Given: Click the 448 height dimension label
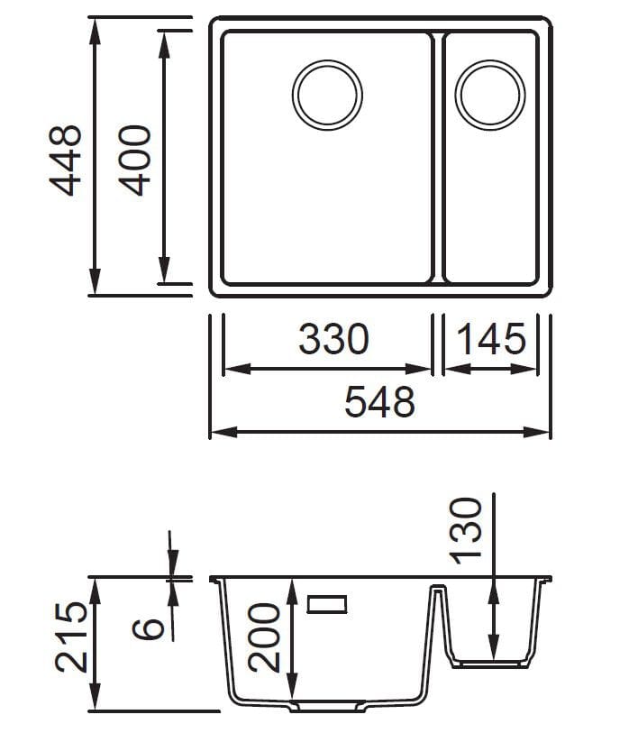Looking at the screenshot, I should click(66, 160).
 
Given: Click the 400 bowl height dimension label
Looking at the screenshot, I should click(134, 160).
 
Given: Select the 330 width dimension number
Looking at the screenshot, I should click(333, 340).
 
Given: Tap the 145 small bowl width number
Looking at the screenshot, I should click(491, 340).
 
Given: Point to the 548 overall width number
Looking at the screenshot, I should click(379, 402).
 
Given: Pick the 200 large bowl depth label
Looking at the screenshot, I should click(263, 637).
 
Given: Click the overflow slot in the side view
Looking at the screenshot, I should click(328, 604).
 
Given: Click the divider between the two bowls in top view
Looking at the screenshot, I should click(438, 158).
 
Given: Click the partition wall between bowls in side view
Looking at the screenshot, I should click(438, 622).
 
